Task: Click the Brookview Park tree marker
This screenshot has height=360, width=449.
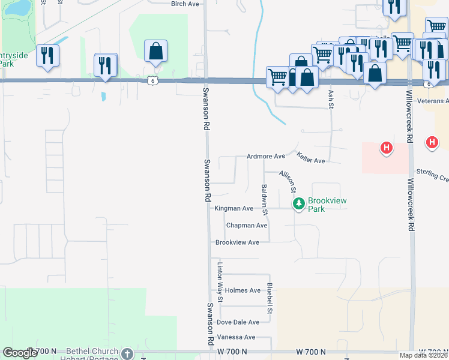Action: (x=298, y=205)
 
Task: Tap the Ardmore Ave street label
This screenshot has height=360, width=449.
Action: (x=265, y=156)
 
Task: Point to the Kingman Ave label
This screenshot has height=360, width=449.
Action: (x=234, y=208)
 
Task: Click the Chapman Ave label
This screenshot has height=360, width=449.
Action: (x=246, y=226)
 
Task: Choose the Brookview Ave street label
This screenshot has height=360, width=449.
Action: (x=237, y=242)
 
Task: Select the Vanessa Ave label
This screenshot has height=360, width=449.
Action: (x=236, y=337)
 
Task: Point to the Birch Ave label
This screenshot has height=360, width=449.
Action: (x=184, y=4)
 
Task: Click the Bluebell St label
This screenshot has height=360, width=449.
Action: (x=270, y=298)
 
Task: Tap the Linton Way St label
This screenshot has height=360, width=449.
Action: (x=220, y=282)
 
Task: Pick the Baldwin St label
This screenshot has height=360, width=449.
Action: (x=264, y=199)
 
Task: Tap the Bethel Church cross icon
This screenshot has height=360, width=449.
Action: (x=127, y=353)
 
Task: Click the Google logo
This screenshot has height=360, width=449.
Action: (x=20, y=353)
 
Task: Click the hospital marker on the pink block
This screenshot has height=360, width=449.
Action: (x=387, y=148)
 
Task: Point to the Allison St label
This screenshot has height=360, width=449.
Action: (x=288, y=181)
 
